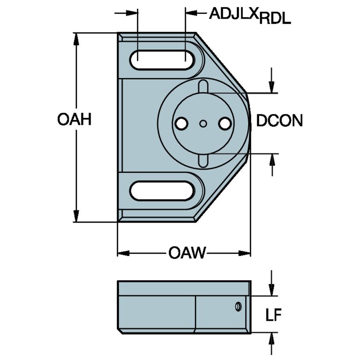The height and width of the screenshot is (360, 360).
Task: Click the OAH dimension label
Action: [75, 120]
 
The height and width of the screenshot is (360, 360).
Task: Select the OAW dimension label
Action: [187, 253]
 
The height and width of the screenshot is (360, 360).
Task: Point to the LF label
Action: [274, 315]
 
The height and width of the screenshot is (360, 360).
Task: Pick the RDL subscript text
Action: [275, 19]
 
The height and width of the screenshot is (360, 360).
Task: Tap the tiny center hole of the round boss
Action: [204, 124]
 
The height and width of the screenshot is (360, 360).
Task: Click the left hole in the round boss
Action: [181, 124]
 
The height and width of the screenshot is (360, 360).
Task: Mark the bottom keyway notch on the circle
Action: [204, 160]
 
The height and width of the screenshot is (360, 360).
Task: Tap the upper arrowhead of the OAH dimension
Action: [76, 38]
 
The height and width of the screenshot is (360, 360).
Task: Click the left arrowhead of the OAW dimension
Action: [123, 253]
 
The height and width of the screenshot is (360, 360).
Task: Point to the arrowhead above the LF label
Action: [272, 290]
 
